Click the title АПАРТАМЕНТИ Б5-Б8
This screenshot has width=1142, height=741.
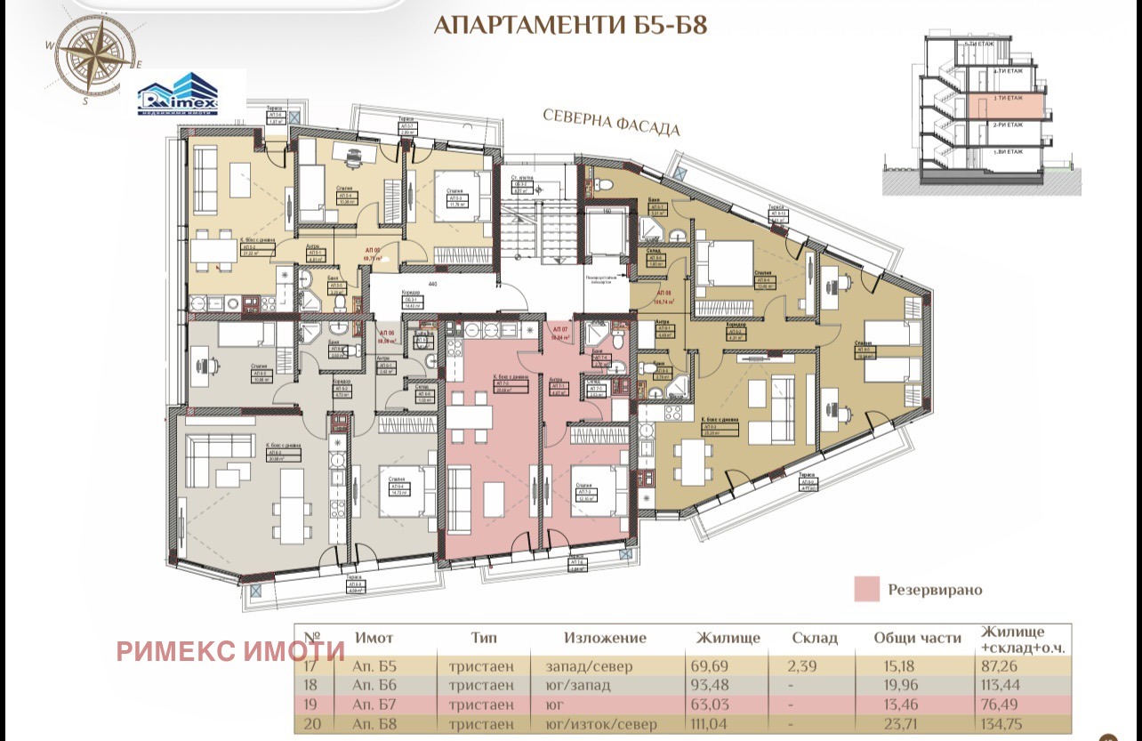click(x=570, y=24)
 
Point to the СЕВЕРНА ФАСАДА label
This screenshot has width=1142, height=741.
click(x=612, y=124)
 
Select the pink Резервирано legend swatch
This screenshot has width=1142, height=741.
click(x=867, y=589)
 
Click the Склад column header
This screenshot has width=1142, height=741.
click(x=814, y=638)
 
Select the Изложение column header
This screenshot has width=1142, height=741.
click(x=605, y=638)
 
